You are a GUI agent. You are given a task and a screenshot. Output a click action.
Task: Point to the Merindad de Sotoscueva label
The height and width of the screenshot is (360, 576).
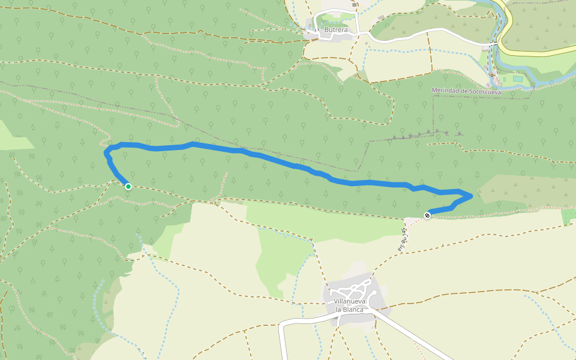465,91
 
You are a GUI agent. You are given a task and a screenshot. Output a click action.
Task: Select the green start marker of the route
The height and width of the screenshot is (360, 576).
128,187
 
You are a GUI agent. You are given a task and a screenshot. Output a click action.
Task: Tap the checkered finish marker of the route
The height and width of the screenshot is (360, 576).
427,215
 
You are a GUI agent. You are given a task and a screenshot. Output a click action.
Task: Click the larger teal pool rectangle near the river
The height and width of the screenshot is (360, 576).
517,79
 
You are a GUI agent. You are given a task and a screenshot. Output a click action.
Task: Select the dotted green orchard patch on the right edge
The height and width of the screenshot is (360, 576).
568,217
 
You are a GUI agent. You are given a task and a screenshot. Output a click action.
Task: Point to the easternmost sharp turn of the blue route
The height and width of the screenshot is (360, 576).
472,196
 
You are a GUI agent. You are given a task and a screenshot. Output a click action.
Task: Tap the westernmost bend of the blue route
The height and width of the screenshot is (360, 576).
107,154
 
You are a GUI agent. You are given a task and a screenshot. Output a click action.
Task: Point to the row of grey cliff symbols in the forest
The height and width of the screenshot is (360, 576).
426,134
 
